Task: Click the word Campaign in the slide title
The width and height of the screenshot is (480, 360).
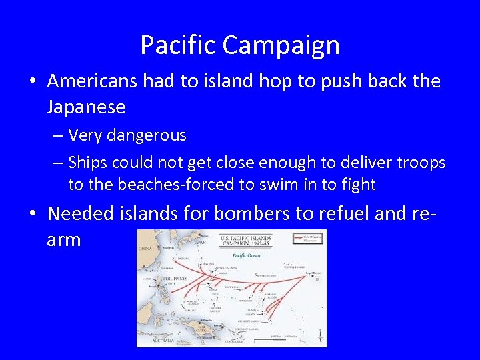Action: [x=281, y=46]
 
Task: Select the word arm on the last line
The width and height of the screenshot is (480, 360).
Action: [x=64, y=239]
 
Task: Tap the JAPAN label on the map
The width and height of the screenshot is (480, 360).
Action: [x=200, y=243]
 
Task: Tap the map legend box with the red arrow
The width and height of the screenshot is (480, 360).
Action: [x=308, y=239]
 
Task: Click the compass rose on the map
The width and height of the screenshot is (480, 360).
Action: [x=320, y=336]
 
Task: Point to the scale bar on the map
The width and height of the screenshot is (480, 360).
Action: [x=280, y=339]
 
